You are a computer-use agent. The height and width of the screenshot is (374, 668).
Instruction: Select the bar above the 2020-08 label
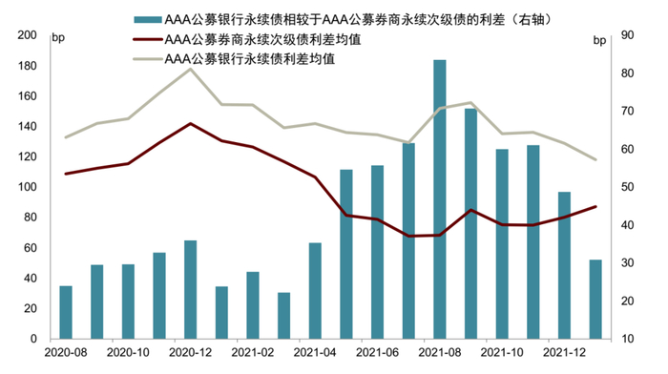[66, 312]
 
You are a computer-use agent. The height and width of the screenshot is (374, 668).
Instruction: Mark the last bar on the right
[595, 299]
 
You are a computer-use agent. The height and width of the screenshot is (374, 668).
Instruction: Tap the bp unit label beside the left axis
[58, 38]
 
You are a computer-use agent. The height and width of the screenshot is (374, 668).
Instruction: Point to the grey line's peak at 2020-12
[190, 69]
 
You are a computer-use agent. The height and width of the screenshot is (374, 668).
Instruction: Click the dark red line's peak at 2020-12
[190, 124]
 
